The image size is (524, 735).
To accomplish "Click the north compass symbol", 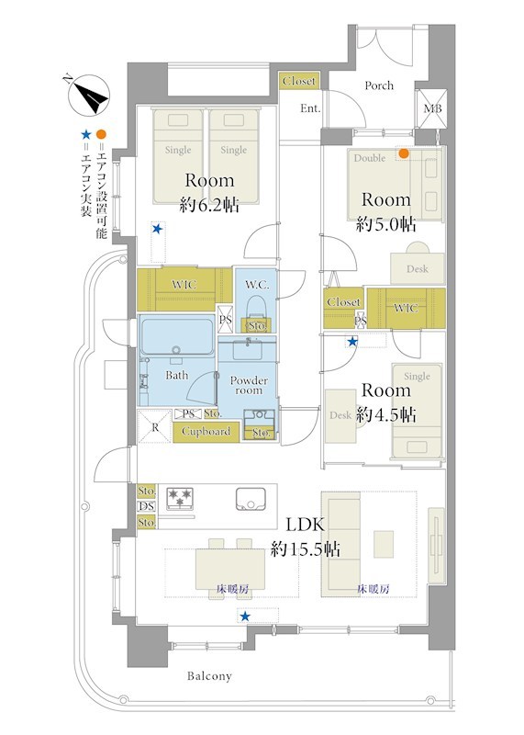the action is point(89,96).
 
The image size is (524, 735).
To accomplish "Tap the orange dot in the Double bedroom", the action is point(403,153).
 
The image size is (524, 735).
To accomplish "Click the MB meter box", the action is point(431,108).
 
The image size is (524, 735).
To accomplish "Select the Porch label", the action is point(379,85).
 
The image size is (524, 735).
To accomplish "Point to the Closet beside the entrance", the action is point(299,81).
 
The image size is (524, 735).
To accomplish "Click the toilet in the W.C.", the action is point(256,311).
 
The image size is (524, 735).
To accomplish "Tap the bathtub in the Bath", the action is point(177,338).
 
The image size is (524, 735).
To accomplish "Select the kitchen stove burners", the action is point(180,498).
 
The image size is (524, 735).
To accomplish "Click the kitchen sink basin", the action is point(251,499).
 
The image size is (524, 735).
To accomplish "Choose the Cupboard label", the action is point(206,431).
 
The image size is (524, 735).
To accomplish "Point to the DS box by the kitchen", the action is point(147,506).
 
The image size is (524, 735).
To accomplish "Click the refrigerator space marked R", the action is point(155,426).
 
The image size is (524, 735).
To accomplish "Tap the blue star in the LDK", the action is point(245,616).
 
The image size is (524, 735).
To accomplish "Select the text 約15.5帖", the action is point(306,548).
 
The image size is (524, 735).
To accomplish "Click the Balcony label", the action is point(209,676).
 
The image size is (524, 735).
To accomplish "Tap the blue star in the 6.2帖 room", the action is point(157,229).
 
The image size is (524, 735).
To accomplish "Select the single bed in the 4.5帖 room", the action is point(417,411).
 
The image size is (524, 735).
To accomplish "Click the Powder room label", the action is point(249,385).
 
